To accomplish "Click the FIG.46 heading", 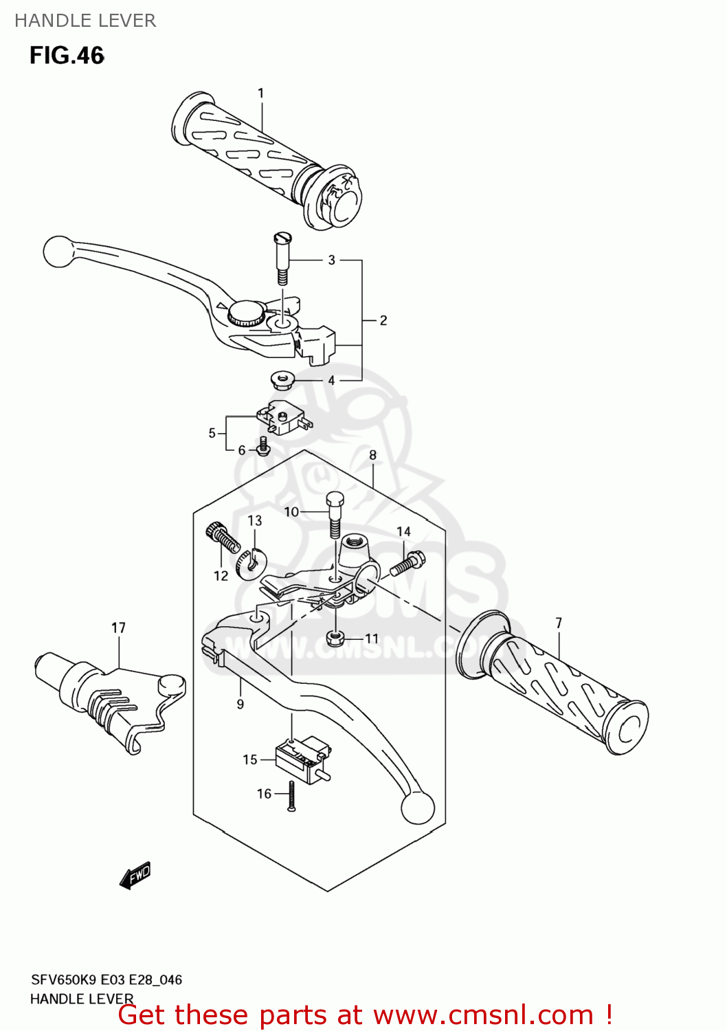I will [67, 56].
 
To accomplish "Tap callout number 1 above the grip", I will [260, 93].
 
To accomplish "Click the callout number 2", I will [383, 320].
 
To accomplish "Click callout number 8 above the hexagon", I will [373, 455].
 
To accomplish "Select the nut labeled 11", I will [335, 639].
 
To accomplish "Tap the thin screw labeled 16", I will [292, 797].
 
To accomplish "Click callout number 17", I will [119, 628].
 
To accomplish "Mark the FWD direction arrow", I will [135, 875].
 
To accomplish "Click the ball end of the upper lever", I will [58, 252].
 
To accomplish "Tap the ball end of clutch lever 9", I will [417, 807].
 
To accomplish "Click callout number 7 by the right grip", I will [559, 623].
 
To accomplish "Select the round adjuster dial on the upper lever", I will [245, 313].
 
